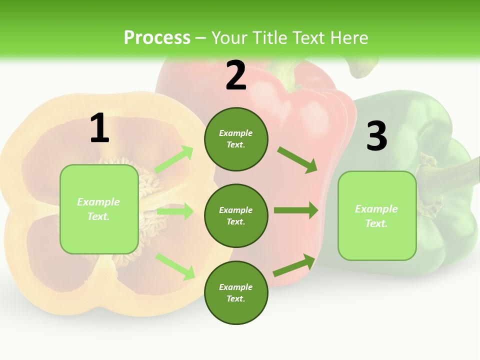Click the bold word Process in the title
coord(157,38)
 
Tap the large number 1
coord(99,128)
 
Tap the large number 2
coord(236,75)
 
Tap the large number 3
coord(376,136)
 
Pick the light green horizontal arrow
coord(175,211)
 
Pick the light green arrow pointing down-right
coord(175,266)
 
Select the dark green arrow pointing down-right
coord(297,159)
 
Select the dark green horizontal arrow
coord(296,210)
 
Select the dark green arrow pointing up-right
coord(294,265)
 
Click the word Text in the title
coord(310,38)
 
